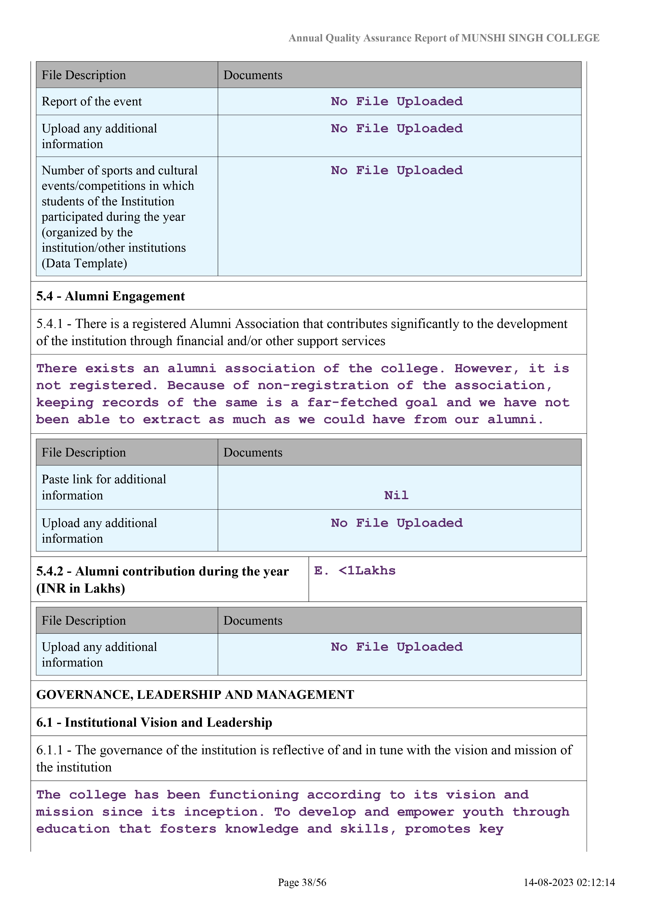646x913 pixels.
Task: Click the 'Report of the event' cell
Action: [x=91, y=102]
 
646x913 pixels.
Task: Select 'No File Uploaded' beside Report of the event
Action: [x=397, y=102]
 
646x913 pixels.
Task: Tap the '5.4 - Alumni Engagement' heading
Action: [x=111, y=296]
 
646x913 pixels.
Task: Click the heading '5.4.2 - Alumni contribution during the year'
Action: [x=162, y=572]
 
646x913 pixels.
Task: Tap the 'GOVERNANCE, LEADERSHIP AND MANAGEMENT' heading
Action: [x=195, y=695]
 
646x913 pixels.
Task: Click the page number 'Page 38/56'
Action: [x=302, y=882]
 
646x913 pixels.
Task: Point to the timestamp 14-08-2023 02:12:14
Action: [x=569, y=882]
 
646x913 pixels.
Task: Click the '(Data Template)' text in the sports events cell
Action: [x=84, y=263]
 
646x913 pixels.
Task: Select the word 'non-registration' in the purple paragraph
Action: [x=323, y=385]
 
